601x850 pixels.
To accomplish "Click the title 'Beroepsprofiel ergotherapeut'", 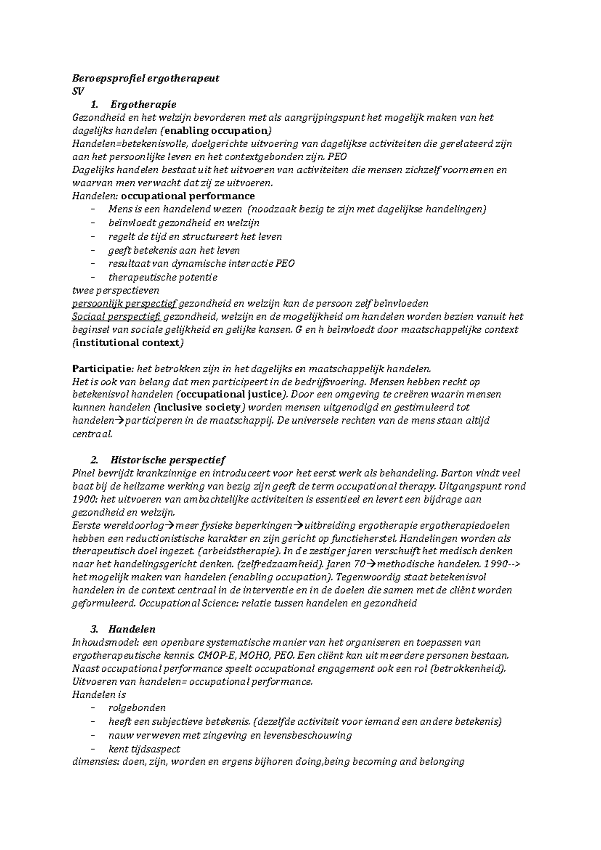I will (x=146, y=79).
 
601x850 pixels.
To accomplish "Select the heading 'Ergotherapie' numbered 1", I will (x=143, y=105).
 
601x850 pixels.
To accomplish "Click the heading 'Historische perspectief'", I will (x=168, y=460).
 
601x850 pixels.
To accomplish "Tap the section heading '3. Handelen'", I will (x=132, y=629).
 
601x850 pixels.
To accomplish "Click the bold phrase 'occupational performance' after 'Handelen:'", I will (x=188, y=196).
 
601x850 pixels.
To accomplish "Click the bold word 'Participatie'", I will (x=101, y=369).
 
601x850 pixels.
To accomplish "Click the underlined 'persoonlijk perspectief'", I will (x=124, y=303).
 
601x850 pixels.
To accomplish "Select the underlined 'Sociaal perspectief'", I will (x=116, y=316).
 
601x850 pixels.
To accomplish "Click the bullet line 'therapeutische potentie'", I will (x=163, y=277).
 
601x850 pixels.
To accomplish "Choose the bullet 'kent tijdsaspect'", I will (x=144, y=749).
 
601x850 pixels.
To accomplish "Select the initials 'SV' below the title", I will (x=78, y=92).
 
